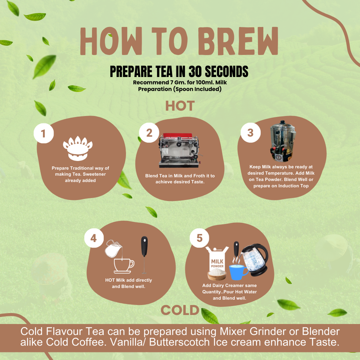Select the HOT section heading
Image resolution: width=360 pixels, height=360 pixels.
180,106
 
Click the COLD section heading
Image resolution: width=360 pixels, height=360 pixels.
180,310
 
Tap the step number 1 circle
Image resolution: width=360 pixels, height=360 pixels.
44,133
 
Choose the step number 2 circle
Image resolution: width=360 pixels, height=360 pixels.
149,132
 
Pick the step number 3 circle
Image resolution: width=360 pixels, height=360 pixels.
251,132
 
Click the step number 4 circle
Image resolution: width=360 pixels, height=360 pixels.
94,238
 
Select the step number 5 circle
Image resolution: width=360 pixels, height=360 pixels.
199,238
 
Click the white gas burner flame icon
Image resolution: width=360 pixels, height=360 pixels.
78,148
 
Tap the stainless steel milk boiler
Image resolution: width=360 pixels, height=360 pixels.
283,141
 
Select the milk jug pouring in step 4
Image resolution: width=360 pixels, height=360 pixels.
112,249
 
